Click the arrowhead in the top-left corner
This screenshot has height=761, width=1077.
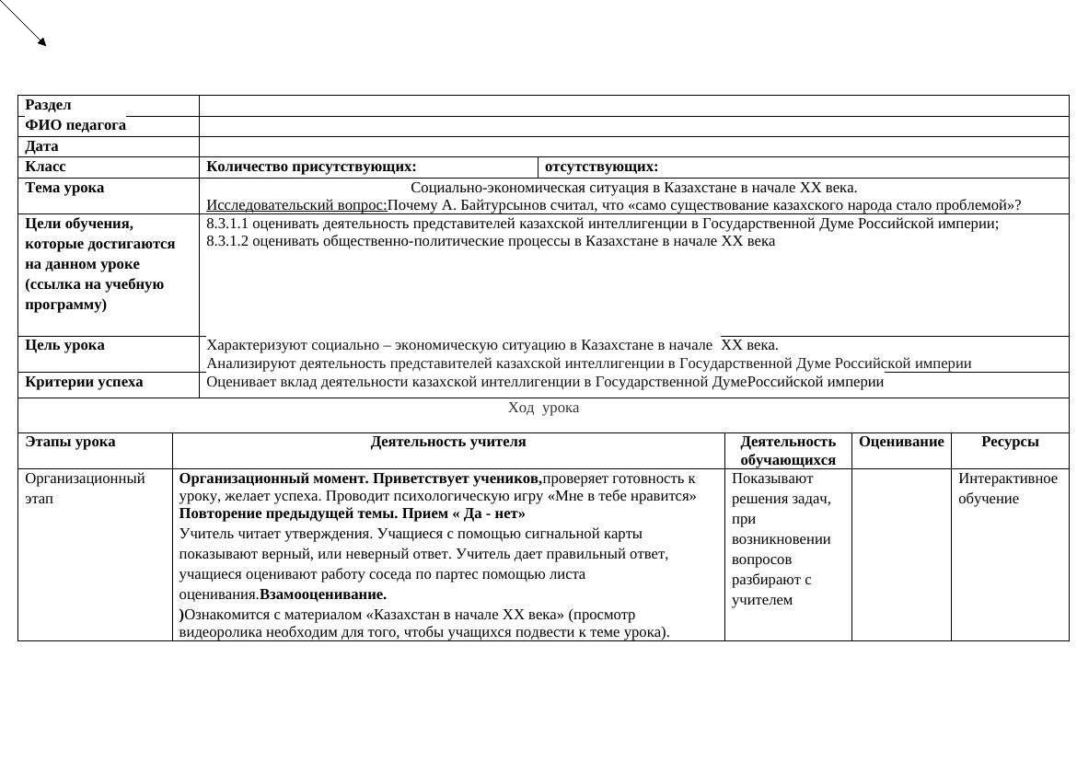pyautogui.click(x=41, y=41)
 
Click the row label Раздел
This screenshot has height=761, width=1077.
pyautogui.click(x=48, y=105)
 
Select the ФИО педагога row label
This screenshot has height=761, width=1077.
pyautogui.click(x=75, y=125)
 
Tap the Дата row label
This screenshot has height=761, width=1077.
pyautogui.click(x=41, y=146)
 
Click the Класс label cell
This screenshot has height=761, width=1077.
pyautogui.click(x=46, y=167)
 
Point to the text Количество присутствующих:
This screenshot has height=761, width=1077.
pyautogui.click(x=311, y=167)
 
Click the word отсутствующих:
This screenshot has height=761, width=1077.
pyautogui.click(x=601, y=167)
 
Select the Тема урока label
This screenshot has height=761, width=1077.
pyautogui.click(x=64, y=188)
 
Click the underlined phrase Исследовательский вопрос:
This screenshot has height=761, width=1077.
pyautogui.click(x=296, y=205)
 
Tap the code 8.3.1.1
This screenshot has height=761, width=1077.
pyautogui.click(x=227, y=224)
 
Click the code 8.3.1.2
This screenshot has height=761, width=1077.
pyautogui.click(x=227, y=241)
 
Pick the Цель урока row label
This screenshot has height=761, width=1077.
pyautogui.click(x=64, y=345)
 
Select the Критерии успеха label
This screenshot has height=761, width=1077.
pyautogui.click(x=84, y=382)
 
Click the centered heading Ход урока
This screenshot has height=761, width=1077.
pyautogui.click(x=543, y=408)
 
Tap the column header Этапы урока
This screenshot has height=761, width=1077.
pyautogui.click(x=70, y=442)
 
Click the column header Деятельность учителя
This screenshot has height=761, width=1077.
pyautogui.click(x=448, y=442)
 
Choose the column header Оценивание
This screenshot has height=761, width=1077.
pyautogui.click(x=901, y=442)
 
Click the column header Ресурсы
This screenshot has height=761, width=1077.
pyautogui.click(x=1010, y=442)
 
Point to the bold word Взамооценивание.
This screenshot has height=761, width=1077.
pyautogui.click(x=323, y=594)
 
